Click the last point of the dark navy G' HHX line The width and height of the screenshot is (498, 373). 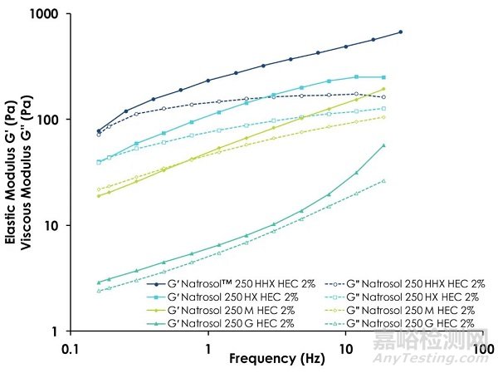coord(400,32)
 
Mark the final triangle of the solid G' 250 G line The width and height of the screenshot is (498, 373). coord(383,145)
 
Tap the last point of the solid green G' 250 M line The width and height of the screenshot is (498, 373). coord(383,89)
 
